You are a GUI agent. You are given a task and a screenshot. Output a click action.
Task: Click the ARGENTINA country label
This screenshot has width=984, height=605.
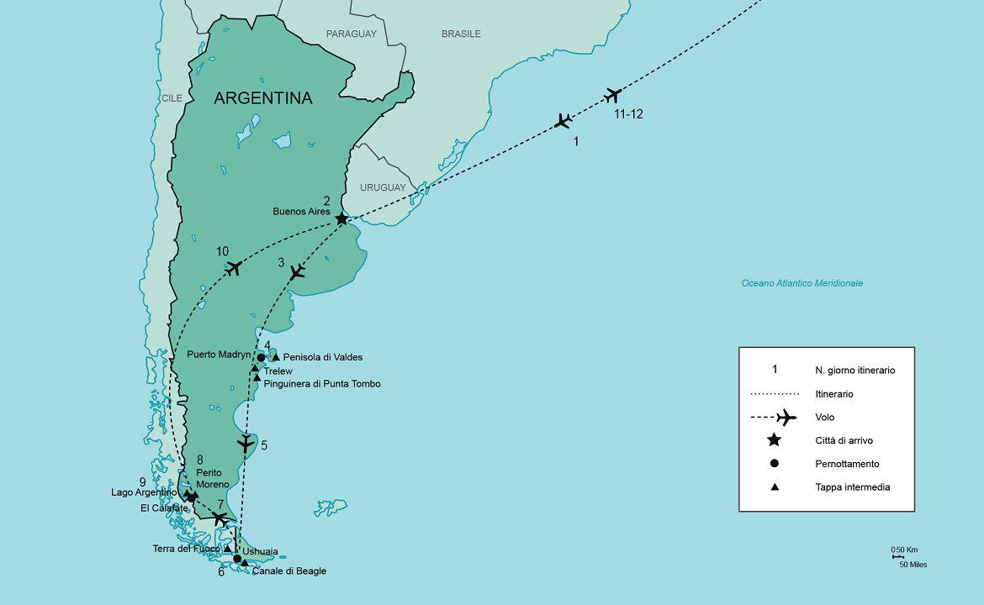click(x=262, y=98)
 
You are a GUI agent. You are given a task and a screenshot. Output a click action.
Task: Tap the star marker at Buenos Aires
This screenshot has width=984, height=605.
click(x=341, y=219)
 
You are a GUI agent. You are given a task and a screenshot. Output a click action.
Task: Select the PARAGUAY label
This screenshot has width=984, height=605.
click(x=352, y=34)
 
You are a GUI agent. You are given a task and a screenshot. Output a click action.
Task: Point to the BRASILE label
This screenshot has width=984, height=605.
click(x=461, y=34)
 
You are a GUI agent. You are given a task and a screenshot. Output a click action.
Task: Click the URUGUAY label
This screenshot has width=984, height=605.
click(x=383, y=187)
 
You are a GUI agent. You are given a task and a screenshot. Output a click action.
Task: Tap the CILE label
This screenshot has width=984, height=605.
click(x=172, y=98)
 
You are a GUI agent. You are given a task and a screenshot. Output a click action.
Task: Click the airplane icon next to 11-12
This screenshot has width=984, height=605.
click(x=612, y=95)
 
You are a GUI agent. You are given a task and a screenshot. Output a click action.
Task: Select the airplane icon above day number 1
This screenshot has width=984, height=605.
click(x=563, y=121)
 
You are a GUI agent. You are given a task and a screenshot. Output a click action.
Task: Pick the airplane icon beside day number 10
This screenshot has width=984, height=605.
click(x=234, y=268)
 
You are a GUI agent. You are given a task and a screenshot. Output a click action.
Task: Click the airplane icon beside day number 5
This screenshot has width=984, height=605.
click(x=245, y=444)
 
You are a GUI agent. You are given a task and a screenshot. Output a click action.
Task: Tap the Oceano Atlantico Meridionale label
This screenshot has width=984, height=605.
click(x=801, y=283)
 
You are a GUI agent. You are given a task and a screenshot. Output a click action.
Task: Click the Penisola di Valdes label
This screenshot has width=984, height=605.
click(x=323, y=357)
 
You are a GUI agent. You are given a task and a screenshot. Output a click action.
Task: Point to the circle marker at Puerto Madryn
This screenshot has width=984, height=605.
click(x=261, y=358)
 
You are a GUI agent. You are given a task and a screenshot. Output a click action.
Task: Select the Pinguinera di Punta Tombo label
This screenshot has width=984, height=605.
click(x=322, y=384)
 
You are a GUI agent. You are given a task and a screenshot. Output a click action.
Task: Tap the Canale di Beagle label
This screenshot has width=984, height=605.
click(x=288, y=571)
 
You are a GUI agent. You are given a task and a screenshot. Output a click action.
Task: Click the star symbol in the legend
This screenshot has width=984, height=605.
click(x=774, y=440)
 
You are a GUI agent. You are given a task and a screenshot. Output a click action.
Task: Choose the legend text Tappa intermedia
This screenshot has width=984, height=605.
click(x=852, y=487)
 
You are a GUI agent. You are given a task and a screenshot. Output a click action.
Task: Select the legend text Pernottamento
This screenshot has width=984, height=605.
click(x=847, y=463)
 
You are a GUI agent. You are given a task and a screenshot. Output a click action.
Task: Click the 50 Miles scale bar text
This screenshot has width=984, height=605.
click(x=913, y=565)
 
